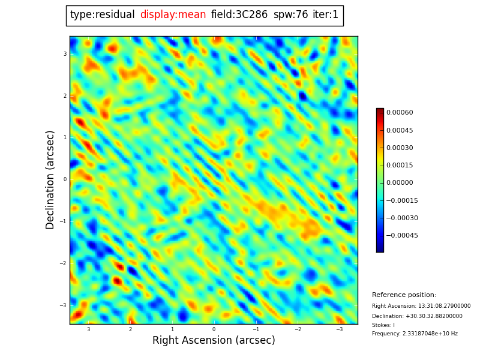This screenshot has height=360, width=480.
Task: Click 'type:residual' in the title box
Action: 102,15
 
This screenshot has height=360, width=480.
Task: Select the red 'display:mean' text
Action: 173,15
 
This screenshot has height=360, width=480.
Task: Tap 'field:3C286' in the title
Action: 239,15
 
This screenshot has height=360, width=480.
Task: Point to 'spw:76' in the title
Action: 290,15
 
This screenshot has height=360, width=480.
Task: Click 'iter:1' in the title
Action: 325,15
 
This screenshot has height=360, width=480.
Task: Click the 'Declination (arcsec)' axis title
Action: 50,179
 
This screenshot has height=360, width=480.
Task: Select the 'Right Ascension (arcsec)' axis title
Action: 214,341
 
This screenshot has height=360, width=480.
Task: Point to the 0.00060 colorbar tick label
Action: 400,113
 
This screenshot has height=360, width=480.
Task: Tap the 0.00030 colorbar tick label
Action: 400,148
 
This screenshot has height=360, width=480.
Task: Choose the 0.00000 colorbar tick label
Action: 400,183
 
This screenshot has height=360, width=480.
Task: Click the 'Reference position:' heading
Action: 404,295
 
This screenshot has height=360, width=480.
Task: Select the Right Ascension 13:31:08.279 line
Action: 421,306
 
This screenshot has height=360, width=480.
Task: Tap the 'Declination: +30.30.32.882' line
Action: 417,316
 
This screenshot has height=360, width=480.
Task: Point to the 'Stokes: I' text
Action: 383,325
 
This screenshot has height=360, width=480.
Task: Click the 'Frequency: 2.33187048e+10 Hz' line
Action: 415,334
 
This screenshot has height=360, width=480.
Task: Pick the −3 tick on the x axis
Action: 340,329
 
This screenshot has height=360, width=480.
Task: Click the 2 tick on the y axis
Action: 65,96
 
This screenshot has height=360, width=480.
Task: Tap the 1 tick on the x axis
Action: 172,329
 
